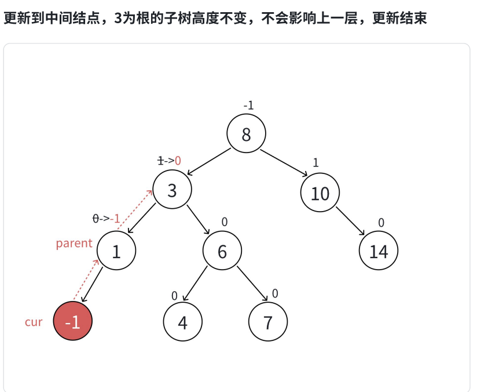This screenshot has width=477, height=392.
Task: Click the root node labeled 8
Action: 246,135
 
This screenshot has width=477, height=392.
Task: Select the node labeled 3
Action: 172,190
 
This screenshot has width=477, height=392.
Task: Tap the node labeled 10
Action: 320,193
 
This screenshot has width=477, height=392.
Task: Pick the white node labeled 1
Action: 116,252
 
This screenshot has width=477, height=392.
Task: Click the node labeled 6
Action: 222,252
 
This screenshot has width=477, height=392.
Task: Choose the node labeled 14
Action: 379,252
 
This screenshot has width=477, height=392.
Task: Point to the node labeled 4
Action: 183,322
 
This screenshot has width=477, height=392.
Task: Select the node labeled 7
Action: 267,322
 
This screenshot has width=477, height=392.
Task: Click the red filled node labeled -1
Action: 73,321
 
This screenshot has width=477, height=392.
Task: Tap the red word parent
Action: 74,244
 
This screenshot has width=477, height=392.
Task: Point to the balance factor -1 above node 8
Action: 248,106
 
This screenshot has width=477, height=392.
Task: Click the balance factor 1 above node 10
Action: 315,163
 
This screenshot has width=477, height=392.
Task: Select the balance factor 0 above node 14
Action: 381,223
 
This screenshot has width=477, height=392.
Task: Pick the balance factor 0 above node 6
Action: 225,222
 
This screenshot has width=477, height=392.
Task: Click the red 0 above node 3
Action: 178,161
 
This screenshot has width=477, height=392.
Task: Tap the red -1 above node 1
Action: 115,219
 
